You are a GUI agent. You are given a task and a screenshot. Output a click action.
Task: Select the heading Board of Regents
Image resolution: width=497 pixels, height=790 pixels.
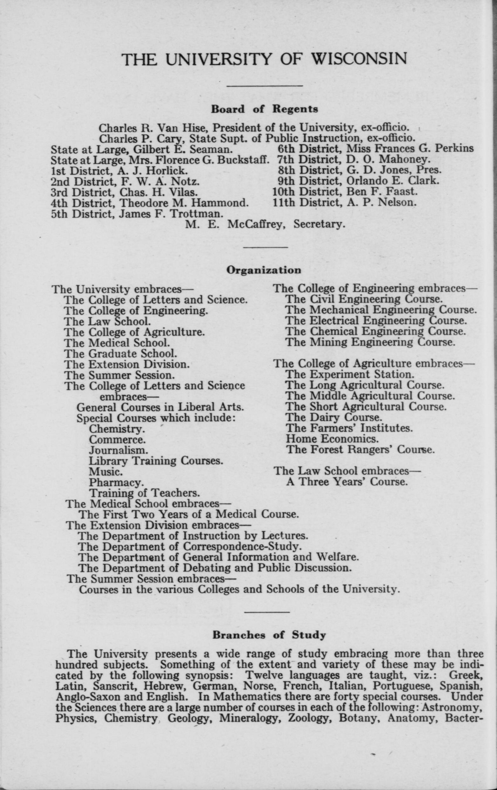(x=264, y=109)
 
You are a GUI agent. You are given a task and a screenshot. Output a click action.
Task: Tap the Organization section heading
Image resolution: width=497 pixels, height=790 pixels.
(x=264, y=270)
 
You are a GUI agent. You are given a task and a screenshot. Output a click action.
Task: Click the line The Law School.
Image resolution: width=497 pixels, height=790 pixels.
(x=107, y=321)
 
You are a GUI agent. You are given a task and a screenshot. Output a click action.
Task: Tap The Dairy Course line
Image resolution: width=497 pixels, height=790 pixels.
(x=334, y=418)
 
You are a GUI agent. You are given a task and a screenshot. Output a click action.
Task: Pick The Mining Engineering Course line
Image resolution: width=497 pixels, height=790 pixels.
(x=370, y=343)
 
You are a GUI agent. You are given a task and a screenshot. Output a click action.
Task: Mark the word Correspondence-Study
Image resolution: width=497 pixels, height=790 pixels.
(x=242, y=546)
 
